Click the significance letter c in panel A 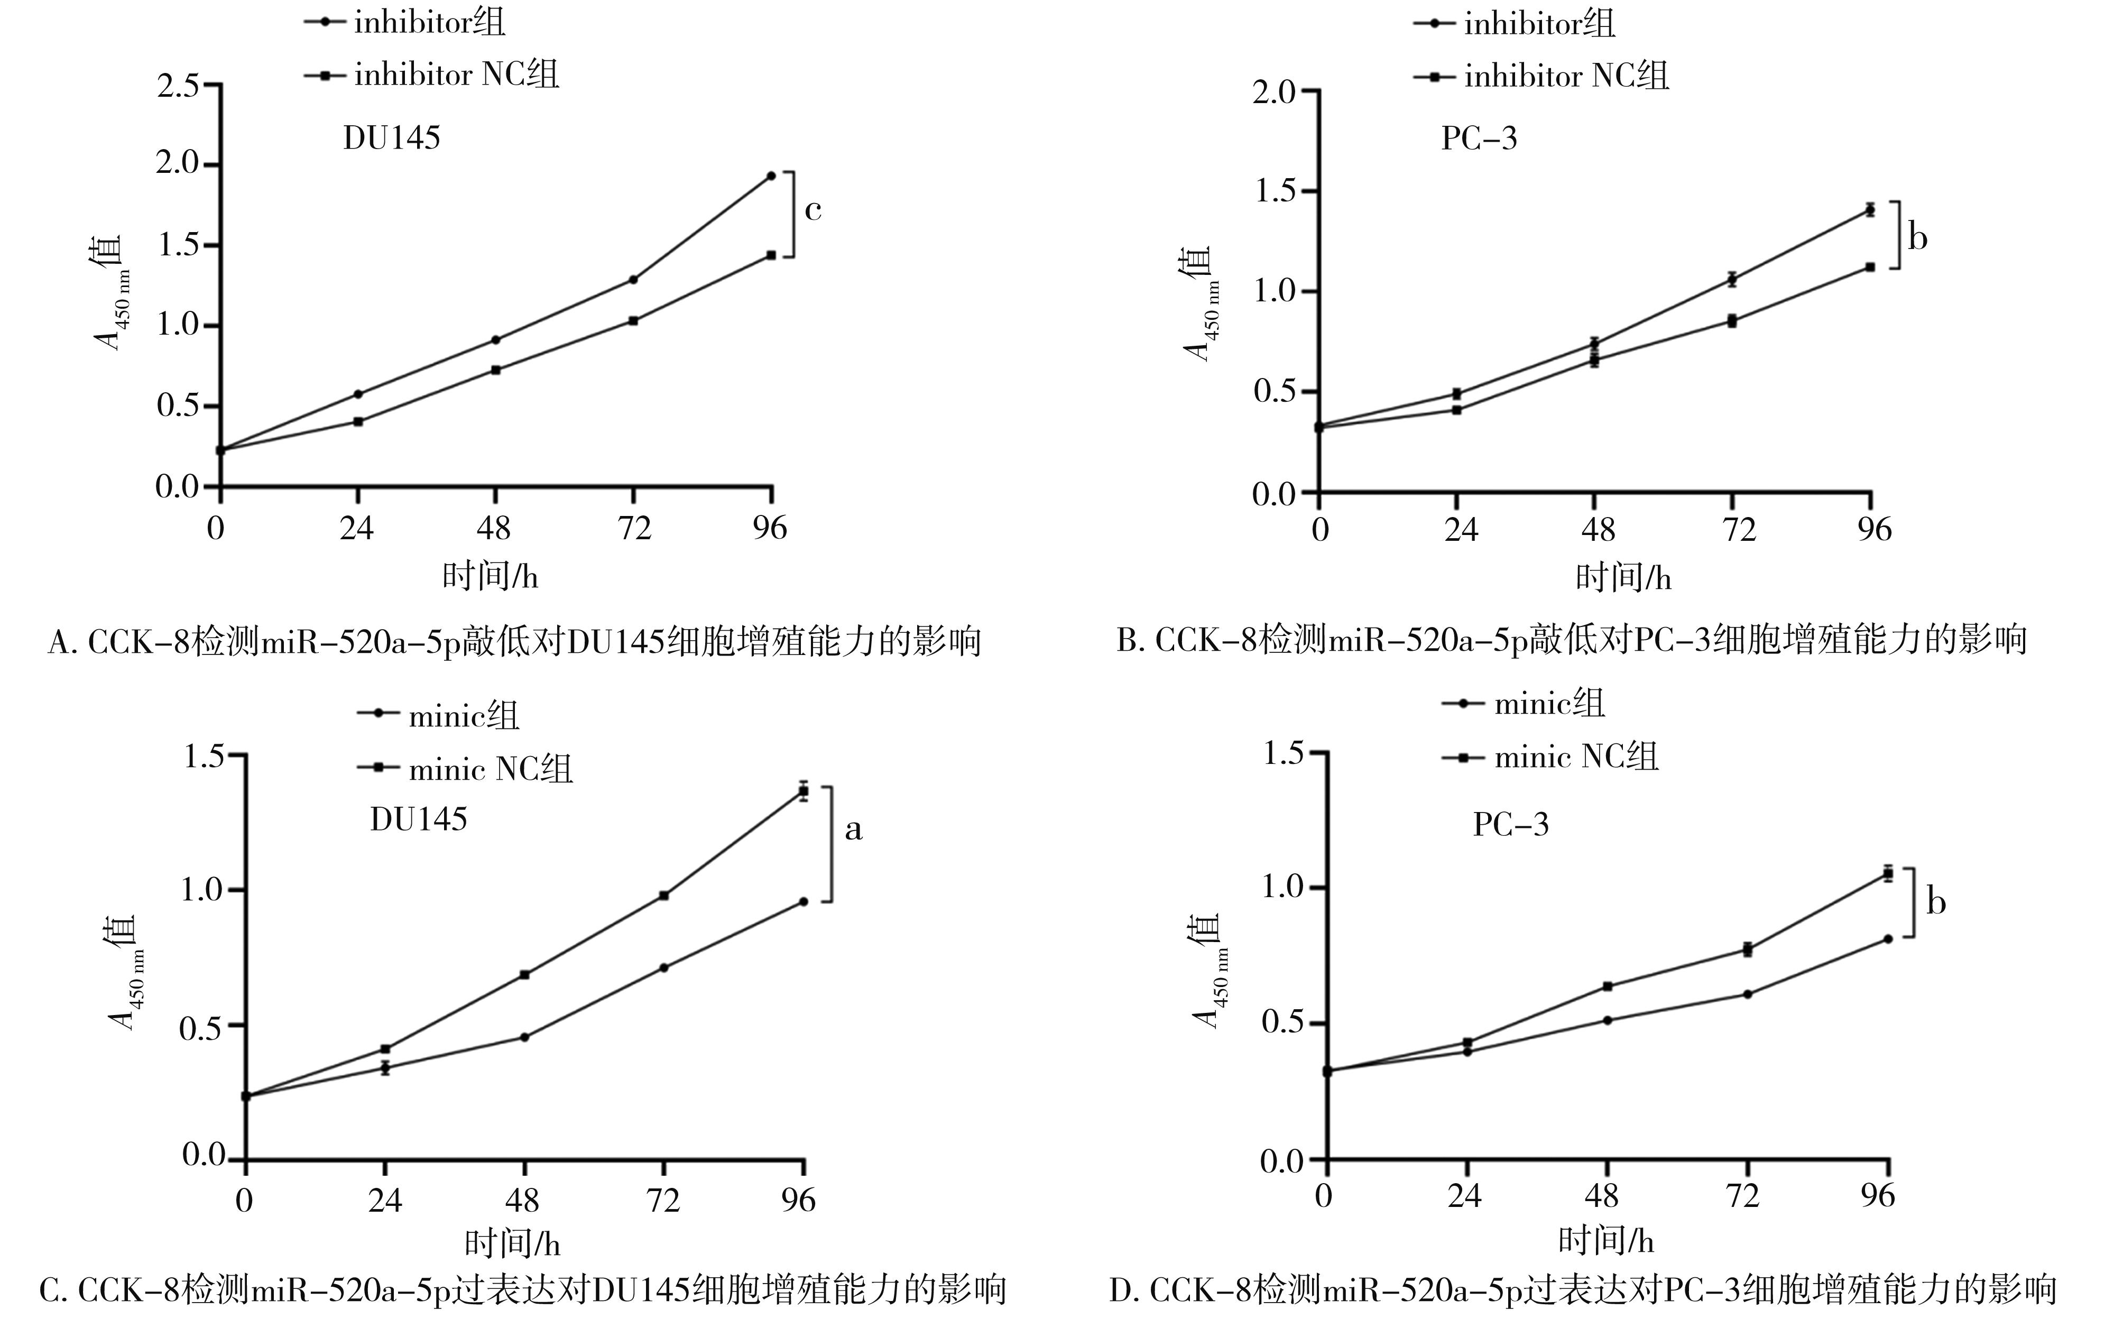click(x=813, y=210)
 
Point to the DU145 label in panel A click(x=392, y=139)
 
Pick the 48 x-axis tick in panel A click(x=494, y=528)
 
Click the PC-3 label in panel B click(x=1479, y=139)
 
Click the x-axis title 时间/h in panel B click(x=1623, y=577)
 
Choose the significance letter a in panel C click(x=853, y=829)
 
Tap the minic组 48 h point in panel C click(x=524, y=1037)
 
